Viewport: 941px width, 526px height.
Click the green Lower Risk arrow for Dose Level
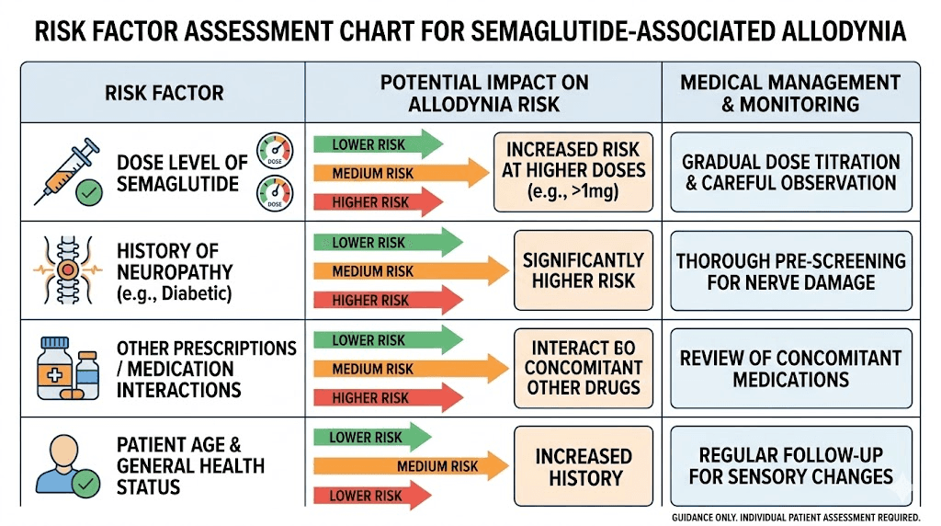378,144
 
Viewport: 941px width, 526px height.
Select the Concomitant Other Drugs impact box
583,368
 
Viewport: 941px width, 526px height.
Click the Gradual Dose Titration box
790,172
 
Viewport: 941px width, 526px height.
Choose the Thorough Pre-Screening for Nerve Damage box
790,271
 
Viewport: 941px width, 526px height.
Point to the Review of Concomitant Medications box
790,369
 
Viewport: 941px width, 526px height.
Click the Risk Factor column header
164,93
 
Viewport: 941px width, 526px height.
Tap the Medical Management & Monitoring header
790,93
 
